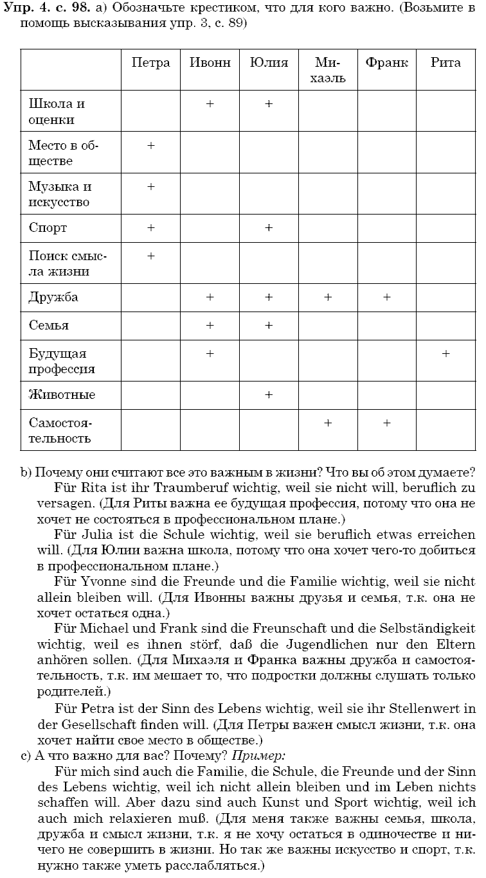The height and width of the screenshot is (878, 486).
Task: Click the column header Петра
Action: point(150,63)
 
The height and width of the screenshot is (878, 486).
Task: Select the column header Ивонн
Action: point(210,63)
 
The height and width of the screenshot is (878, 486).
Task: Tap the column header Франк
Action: point(386,63)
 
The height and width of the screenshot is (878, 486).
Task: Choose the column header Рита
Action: point(446,63)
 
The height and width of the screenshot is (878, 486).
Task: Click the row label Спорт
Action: point(48,228)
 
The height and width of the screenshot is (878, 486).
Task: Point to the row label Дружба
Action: point(53,297)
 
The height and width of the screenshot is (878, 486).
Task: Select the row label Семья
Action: point(49,326)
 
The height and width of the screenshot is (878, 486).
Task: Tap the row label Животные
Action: point(62,394)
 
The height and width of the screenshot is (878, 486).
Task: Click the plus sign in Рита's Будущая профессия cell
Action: point(446,354)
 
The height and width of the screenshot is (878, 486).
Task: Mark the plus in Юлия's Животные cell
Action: point(269,394)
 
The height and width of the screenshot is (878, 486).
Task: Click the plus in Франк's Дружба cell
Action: point(386,297)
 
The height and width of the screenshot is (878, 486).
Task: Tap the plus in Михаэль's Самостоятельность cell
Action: point(328,423)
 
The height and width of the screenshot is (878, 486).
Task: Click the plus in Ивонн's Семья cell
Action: point(210,326)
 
